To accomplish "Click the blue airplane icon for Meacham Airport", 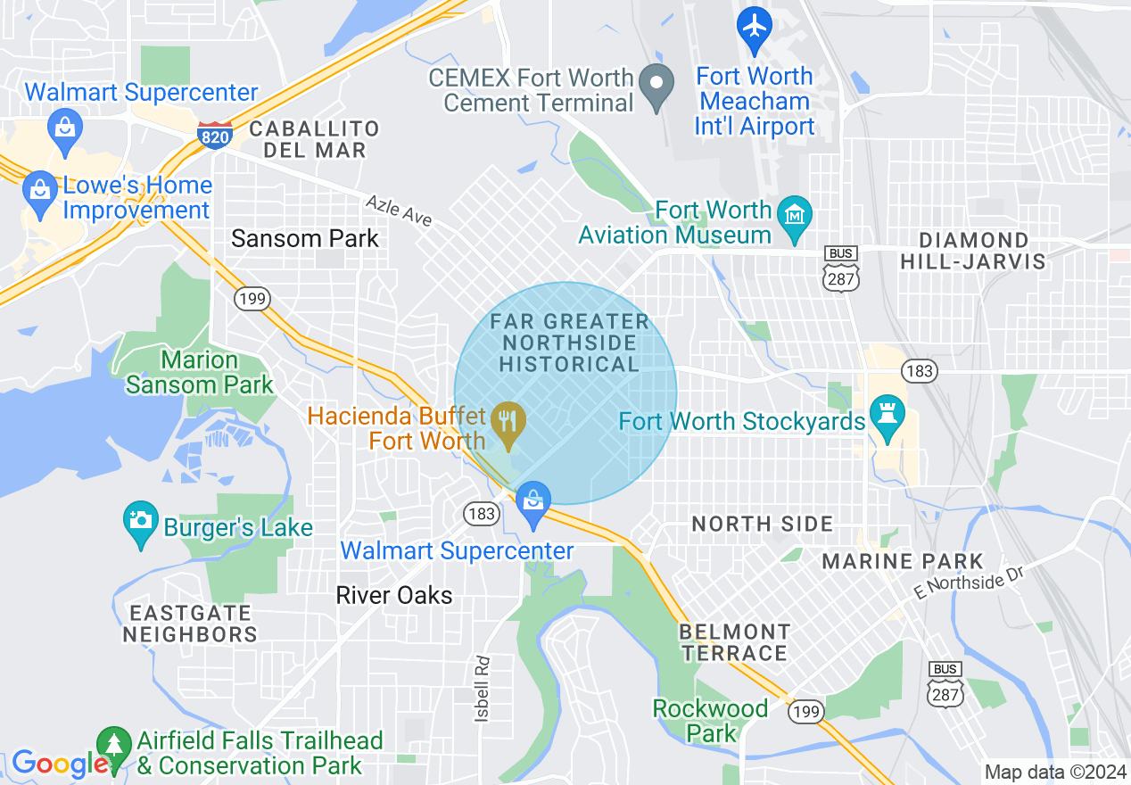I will point(755,28).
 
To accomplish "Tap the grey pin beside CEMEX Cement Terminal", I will point(657,87).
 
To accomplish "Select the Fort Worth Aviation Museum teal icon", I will point(793,215).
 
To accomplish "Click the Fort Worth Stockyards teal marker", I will point(887,416).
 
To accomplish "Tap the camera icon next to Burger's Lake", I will point(140,518).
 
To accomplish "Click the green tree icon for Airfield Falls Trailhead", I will point(113,743).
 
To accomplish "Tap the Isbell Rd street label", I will point(482,689).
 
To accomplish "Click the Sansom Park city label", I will point(305,238).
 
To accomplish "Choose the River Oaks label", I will point(394,595).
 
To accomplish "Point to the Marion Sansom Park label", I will point(200,373).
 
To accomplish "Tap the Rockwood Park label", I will point(710,720).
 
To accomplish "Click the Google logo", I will point(59,764).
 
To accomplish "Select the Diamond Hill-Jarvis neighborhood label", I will point(972,251).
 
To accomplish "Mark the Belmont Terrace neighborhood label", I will point(734,642).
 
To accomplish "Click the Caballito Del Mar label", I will point(314,139).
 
